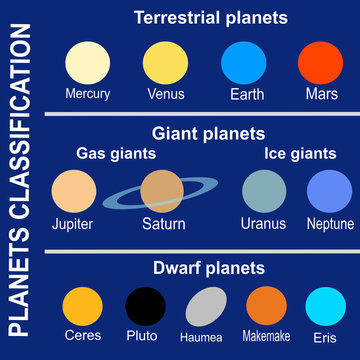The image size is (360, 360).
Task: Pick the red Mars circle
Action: [319, 65]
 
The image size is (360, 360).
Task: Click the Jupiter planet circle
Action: [76, 190]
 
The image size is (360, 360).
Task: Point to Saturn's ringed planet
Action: [161, 190]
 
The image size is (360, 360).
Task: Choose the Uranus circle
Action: [263, 190]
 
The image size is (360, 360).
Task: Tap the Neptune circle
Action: [329, 190]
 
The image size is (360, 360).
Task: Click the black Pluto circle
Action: [146, 306]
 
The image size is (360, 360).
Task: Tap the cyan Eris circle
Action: [325, 306]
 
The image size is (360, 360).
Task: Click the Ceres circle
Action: [82, 306]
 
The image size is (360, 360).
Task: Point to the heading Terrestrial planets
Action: [210, 18]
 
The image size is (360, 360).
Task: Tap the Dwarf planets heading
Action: [208, 268]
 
